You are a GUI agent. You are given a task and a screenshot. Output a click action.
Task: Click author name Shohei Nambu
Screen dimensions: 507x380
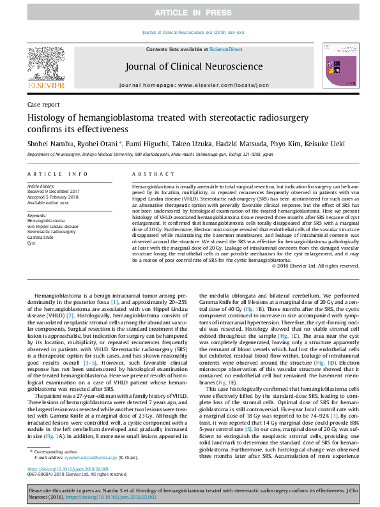click(x=48, y=144)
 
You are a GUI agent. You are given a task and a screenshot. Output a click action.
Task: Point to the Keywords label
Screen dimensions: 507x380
click(x=37, y=215)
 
